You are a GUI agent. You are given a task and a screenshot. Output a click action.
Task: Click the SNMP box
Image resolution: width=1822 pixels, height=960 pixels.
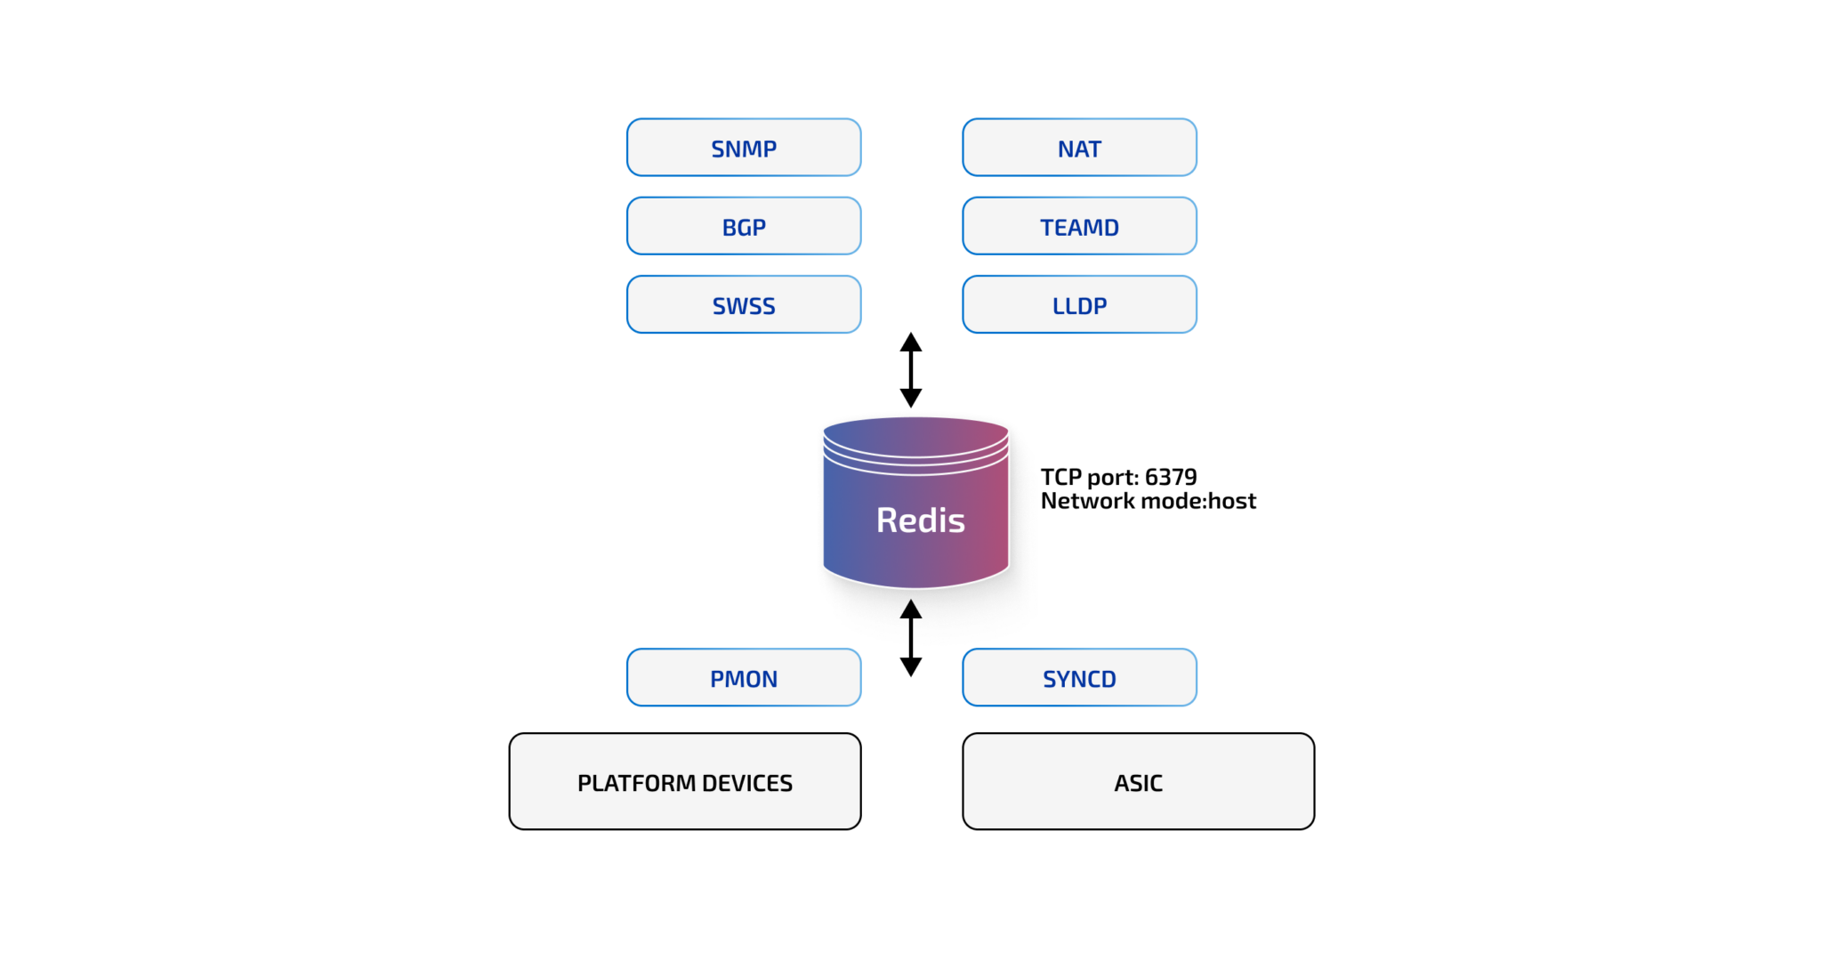pos(744,148)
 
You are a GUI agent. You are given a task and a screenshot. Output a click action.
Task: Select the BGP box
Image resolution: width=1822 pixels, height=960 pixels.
pos(744,226)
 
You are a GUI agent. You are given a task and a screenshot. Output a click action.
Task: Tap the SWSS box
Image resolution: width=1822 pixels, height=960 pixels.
pos(744,305)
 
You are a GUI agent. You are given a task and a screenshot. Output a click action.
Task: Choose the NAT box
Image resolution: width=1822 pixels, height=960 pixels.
pos(1079,148)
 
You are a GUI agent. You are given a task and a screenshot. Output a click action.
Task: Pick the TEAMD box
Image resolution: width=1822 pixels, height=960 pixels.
pos(1079,226)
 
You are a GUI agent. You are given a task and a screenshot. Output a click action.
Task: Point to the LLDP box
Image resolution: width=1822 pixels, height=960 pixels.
pos(1079,305)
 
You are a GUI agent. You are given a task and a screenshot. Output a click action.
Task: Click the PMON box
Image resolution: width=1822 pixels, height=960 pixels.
pos(744,678)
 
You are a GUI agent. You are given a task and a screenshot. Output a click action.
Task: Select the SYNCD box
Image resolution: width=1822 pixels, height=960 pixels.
pos(1079,678)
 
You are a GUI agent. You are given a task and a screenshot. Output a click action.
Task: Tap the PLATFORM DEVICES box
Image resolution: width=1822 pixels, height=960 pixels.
pos(685,781)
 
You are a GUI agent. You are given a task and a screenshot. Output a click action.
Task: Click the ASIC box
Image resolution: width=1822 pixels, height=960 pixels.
pos(1138,781)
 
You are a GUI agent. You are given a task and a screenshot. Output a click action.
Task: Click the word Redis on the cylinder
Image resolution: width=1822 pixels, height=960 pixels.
pos(920,520)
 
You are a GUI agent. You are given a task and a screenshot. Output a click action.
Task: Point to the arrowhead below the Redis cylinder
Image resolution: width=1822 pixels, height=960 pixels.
pos(911,609)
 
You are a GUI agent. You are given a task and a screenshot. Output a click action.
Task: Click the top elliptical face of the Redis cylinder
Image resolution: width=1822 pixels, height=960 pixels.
pos(915,433)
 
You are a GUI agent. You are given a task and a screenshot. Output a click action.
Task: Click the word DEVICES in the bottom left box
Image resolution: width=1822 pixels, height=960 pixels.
pos(746,783)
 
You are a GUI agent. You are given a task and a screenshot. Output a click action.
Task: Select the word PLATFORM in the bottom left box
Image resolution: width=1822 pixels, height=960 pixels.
pos(636,783)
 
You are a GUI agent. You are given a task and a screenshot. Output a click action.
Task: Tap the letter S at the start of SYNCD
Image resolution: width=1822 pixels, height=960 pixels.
pos(1050,679)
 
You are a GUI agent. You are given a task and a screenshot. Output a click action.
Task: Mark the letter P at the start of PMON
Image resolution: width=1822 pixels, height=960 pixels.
pos(717,679)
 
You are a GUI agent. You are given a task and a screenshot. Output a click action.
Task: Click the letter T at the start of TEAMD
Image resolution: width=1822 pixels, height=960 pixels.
pos(1047,228)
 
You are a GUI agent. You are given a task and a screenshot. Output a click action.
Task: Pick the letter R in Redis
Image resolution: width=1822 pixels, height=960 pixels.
pos(888,520)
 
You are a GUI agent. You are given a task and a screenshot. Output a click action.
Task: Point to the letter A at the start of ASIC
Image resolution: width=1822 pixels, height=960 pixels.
pos(1121,783)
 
